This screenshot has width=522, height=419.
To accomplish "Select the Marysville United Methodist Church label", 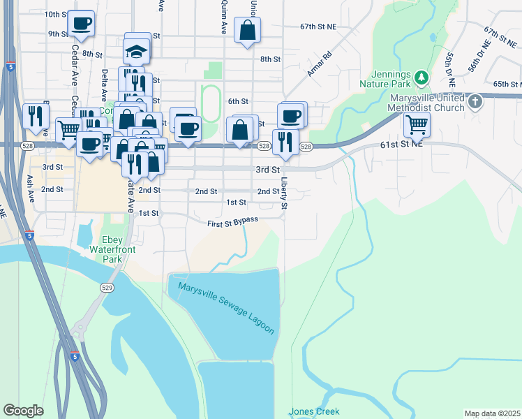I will tap(418, 103).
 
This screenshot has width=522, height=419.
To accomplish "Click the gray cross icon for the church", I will tap(475, 102).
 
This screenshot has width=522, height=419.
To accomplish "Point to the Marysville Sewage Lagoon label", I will tap(226, 308).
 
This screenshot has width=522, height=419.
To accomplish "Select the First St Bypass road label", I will tap(233, 222).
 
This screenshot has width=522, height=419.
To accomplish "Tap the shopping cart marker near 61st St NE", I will tap(417, 124).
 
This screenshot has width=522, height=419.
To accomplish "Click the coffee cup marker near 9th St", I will tap(81, 23).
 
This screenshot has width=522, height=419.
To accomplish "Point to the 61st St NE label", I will tap(402, 144).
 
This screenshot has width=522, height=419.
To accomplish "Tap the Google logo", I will tap(24, 411).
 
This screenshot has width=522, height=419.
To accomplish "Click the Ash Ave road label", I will tap(30, 189).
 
